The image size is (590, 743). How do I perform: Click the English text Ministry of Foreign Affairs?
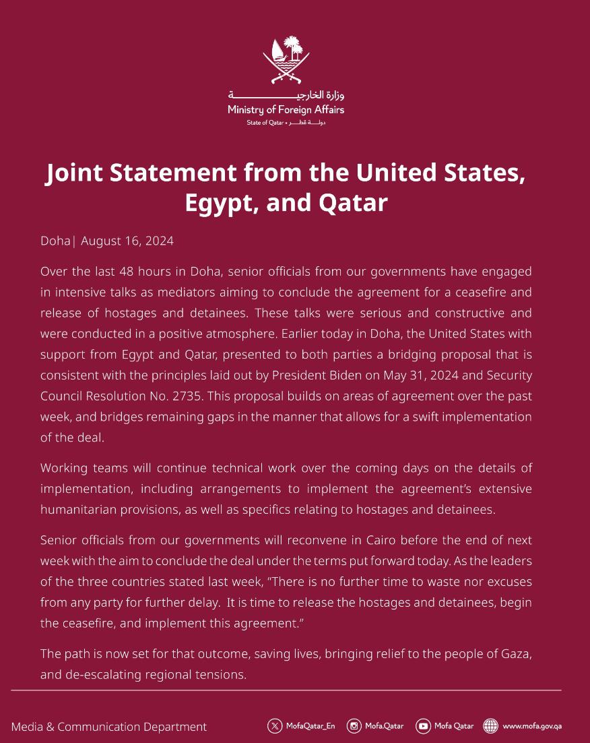[x=286, y=109]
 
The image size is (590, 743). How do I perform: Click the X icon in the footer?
[x=275, y=726]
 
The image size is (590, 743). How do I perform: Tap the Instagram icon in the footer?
[x=354, y=726]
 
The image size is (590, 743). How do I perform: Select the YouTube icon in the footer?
[x=423, y=726]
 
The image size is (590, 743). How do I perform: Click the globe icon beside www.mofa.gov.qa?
[x=491, y=726]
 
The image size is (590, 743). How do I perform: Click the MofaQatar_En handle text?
[x=310, y=726]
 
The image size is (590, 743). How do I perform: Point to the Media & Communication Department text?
[x=109, y=727]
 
